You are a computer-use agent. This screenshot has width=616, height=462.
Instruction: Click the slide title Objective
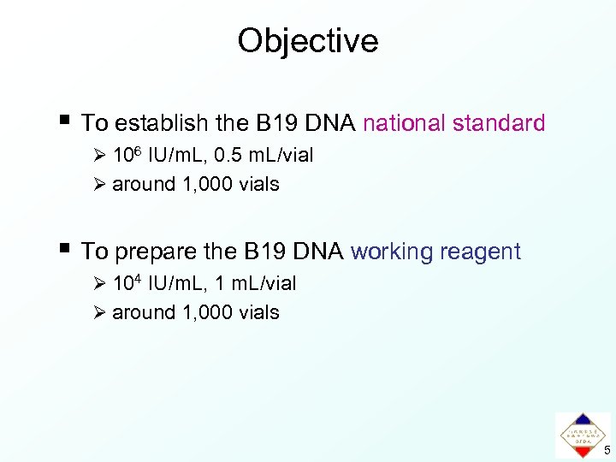click(307, 41)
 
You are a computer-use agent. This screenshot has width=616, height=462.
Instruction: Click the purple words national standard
click(453, 124)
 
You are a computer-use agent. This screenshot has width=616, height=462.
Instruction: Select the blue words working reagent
click(435, 252)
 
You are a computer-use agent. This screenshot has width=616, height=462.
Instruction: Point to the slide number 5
click(607, 450)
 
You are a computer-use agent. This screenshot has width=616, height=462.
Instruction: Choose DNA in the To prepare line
click(317, 252)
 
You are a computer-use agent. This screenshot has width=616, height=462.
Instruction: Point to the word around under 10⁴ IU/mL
click(144, 312)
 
